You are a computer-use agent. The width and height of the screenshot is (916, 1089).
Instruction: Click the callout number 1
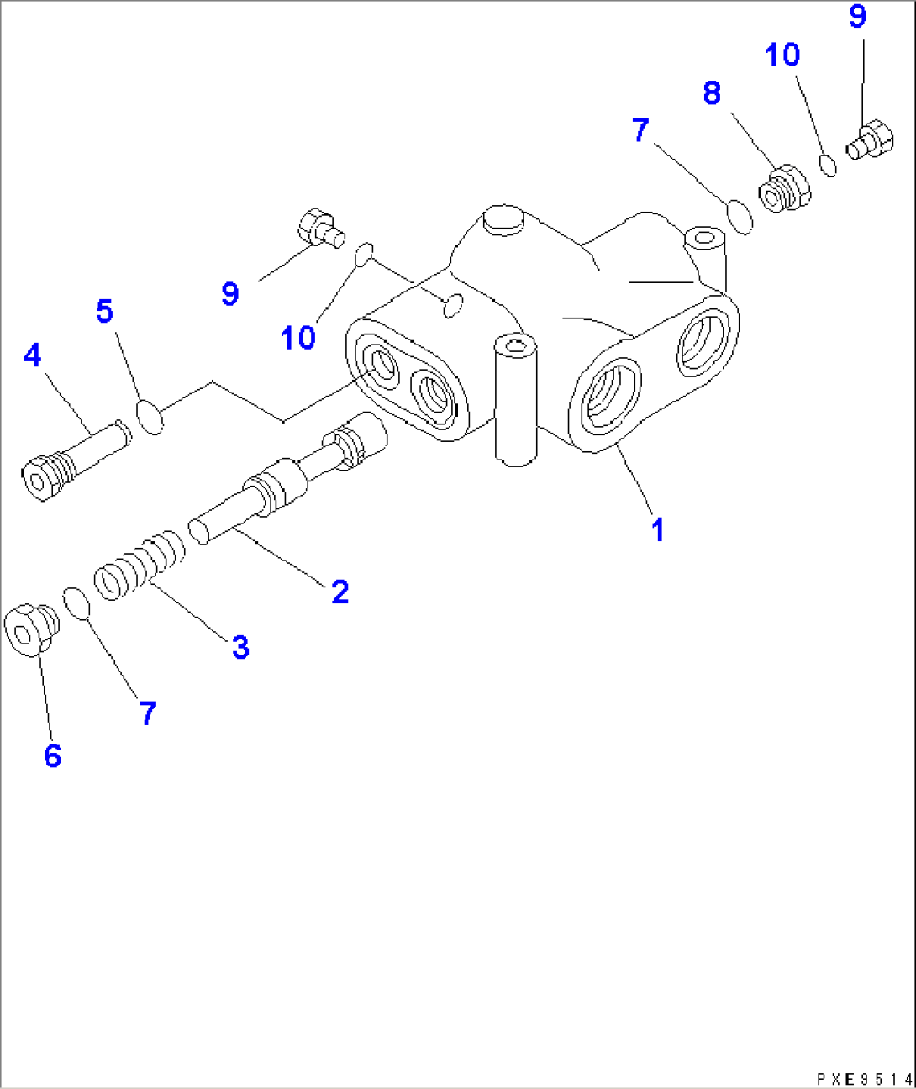[658, 530]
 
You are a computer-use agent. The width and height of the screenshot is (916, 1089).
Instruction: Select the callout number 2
[340, 592]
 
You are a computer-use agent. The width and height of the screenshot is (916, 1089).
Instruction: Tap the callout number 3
[240, 647]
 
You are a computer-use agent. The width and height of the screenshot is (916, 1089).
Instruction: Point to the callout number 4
[32, 355]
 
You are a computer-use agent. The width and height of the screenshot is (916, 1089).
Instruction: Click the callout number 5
[104, 311]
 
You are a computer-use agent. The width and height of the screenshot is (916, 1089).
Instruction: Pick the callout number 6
[53, 755]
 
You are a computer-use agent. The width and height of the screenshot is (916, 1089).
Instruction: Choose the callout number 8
[712, 93]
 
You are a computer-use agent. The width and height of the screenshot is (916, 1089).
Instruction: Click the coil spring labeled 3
[140, 566]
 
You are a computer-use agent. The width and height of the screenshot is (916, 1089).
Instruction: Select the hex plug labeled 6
[31, 629]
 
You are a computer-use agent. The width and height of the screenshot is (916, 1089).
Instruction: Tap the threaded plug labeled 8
[785, 189]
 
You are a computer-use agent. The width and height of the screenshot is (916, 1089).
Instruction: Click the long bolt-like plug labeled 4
[76, 460]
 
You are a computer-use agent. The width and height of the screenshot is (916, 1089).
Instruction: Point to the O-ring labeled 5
[150, 416]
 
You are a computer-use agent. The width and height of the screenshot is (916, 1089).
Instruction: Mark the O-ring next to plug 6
[76, 604]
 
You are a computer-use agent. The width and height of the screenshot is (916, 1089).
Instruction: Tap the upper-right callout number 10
[782, 55]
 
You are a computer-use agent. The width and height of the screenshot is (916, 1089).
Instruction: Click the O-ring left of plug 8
[740, 217]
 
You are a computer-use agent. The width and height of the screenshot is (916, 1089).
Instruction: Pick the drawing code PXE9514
[865, 1079]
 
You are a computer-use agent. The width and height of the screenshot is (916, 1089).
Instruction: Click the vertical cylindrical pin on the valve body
[515, 400]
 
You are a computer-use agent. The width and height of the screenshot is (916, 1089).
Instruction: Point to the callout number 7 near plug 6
[148, 713]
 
